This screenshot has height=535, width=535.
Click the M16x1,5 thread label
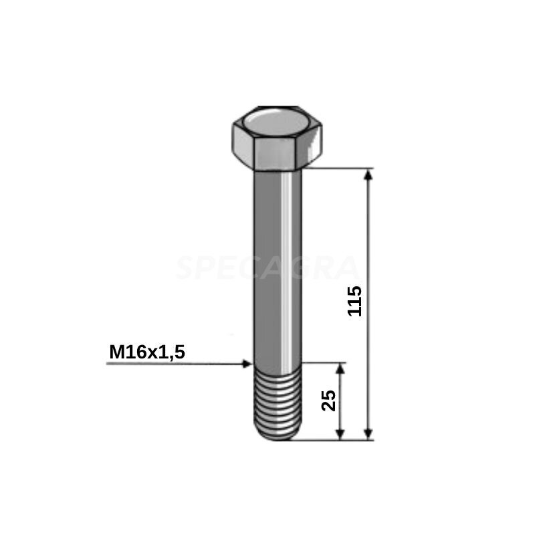tap(147, 352)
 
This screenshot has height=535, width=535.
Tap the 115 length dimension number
tap(354, 302)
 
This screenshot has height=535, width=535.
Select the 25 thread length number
tap(329, 400)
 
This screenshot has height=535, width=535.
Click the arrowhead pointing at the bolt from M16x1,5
tap(247, 364)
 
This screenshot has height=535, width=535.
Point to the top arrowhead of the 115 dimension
tap(368, 175)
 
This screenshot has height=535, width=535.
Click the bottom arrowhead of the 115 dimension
tap(368, 434)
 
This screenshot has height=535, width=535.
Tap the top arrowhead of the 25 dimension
tap(340, 369)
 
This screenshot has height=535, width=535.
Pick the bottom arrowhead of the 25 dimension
tap(340, 434)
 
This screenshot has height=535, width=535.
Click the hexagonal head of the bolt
tap(277, 138)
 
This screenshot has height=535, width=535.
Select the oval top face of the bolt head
tap(277, 121)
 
